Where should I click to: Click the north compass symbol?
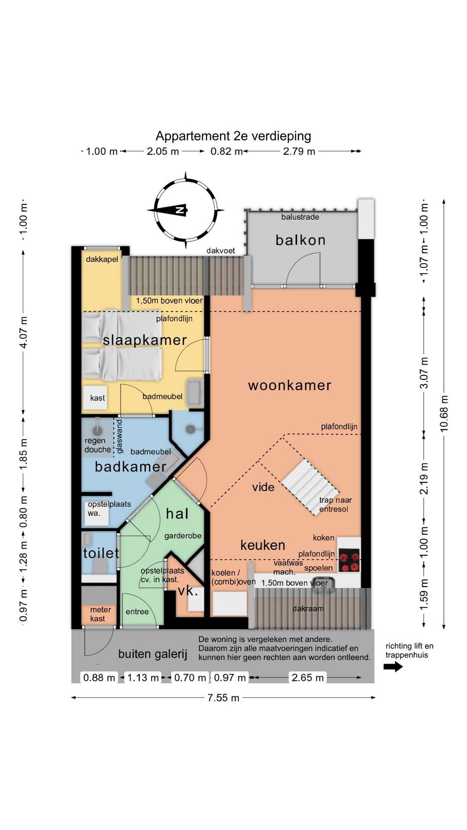coord(186,210)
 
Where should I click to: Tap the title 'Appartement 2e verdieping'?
coord(233,136)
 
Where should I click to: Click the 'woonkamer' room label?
coord(290,385)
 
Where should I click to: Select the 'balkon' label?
coord(301,240)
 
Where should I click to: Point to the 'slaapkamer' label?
coord(145,340)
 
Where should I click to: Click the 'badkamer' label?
coord(131,466)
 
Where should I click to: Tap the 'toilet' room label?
coord(101,553)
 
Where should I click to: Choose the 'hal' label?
coord(177,514)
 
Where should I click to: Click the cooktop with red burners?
coord(349,560)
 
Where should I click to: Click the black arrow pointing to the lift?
coord(393,667)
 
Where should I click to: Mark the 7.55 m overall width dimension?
coord(223,698)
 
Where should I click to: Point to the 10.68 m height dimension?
coord(444,413)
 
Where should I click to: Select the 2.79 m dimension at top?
coord(299,151)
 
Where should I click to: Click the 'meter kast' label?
coord(100,614)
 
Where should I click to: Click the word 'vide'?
coord(263,487)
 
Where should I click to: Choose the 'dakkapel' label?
coord(102,259)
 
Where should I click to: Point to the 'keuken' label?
coord(263,545)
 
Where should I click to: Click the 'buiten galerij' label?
coord(153,654)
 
